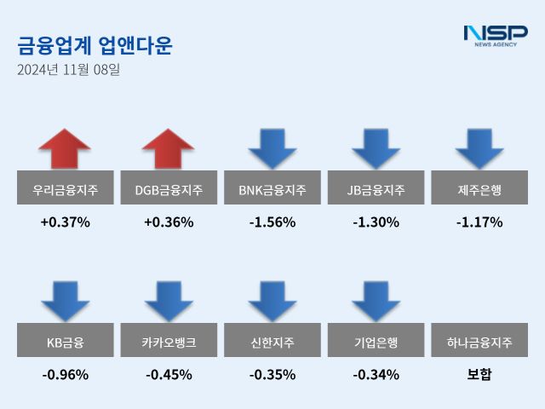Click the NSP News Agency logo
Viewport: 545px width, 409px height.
[x=495, y=36]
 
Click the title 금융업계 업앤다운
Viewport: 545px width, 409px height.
[x=94, y=45]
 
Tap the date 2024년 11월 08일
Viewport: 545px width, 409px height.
[x=68, y=70]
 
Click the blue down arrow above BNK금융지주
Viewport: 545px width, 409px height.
[x=272, y=147]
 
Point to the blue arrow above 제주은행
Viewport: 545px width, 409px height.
[x=479, y=147]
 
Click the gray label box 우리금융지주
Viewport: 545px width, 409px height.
[x=65, y=189]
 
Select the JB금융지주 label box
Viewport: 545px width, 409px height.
[x=376, y=189]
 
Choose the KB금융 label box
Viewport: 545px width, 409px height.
[x=65, y=343]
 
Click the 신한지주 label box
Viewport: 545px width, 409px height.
[x=272, y=343]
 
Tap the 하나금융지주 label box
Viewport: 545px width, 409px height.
[x=479, y=343]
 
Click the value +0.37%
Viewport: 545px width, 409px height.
[x=65, y=222]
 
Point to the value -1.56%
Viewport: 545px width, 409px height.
[x=272, y=222]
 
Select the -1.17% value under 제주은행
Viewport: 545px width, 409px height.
[x=479, y=222]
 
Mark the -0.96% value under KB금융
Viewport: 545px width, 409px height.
[x=65, y=374]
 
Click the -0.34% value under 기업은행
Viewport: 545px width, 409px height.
[x=376, y=374]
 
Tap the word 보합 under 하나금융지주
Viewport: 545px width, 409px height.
[x=479, y=374]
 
